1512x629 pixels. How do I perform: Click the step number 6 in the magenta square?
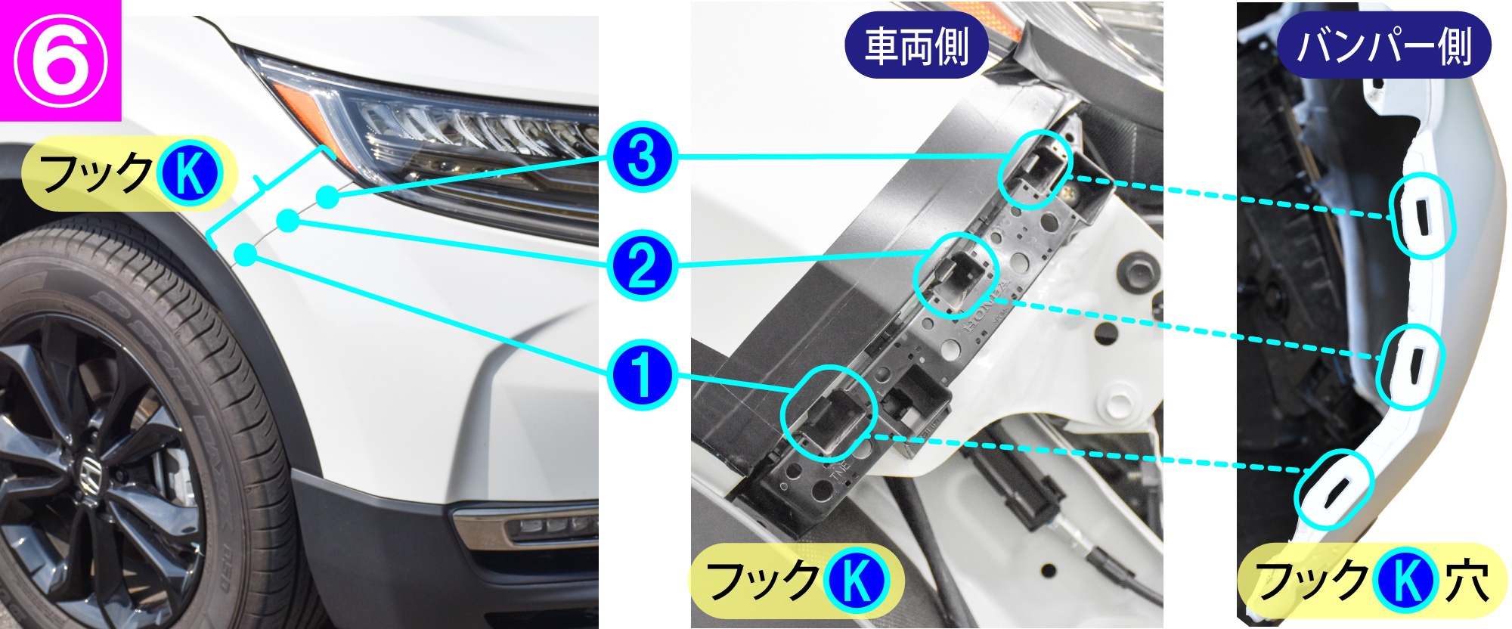pos(60,60)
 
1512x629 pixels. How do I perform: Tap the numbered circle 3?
pos(642,158)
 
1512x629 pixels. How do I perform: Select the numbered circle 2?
pos(642,267)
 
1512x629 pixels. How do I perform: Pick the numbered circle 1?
pos(642,375)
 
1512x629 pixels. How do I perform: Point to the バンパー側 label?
pos(1383,45)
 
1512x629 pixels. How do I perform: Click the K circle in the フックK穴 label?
pos(1405,581)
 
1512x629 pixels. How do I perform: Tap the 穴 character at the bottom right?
pos(1467,581)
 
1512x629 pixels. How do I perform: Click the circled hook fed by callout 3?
pos(1036,169)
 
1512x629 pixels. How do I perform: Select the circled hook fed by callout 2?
pos(956,275)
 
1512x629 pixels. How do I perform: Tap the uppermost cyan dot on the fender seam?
pos(327,197)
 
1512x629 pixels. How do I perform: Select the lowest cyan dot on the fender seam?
pos(246,256)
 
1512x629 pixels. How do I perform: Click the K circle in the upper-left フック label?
pos(189,174)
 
